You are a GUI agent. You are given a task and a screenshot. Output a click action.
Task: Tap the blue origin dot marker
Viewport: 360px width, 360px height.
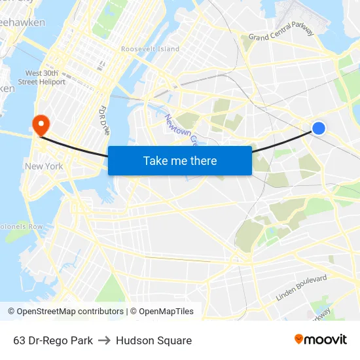[x=318, y=128]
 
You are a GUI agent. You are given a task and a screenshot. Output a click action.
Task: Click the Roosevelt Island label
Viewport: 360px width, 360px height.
[x=150, y=49]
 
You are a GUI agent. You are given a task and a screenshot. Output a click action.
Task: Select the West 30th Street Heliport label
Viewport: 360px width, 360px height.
[x=45, y=77]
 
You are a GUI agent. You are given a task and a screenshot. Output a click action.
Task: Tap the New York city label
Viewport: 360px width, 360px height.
[x=44, y=166]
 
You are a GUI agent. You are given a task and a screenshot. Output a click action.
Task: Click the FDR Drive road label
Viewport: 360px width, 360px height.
[x=104, y=120]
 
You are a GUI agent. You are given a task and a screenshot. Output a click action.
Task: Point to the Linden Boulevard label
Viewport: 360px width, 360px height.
[x=301, y=288]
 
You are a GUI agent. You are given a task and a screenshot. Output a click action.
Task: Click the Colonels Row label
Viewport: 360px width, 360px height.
[x=21, y=226]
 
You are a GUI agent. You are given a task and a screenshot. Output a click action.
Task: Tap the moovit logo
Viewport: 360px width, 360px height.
[x=320, y=340]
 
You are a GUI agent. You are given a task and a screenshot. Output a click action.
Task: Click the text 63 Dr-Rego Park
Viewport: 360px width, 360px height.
[x=52, y=340]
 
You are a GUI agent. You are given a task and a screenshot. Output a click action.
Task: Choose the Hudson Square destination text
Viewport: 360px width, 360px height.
[x=154, y=340]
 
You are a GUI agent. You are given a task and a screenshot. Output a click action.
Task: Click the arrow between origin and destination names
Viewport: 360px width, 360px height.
[x=104, y=340]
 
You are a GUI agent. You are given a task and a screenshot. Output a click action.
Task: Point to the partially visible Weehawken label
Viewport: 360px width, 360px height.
[x=22, y=23]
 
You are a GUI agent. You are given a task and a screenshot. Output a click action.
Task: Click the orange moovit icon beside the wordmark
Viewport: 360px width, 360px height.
[x=299, y=339]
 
